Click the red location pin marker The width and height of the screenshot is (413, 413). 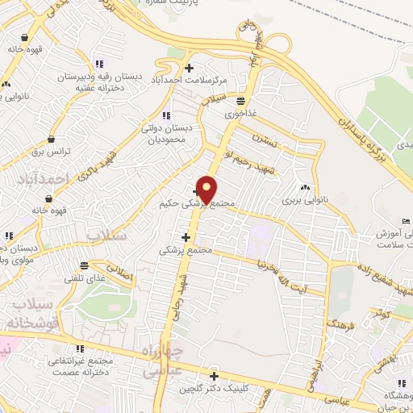[x=206, y=190]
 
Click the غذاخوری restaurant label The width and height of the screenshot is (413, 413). [x=240, y=113]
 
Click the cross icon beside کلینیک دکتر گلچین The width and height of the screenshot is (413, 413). [x=214, y=376]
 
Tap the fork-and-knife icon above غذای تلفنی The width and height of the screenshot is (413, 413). [x=84, y=265]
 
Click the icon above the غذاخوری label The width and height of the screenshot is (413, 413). [x=240, y=101]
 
